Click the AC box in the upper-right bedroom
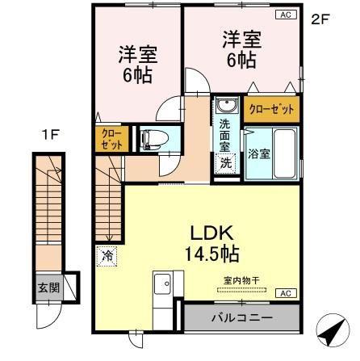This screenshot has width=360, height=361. coord(286,15)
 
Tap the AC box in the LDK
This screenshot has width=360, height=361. coord(286,293)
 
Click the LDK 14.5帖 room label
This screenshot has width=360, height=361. coord(212,243)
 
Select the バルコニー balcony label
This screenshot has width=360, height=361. coord(241,318)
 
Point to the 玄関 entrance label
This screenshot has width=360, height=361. coord(48,288)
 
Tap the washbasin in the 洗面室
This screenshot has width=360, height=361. coord(228,106)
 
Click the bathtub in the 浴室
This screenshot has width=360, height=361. coord(285,153)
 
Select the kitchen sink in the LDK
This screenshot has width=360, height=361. coord(162,285)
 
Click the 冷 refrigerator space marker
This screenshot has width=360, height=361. coord(107,256)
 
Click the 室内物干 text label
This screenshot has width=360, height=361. coord(241,281)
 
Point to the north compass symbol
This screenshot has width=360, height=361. coord(333,330)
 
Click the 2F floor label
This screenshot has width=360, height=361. coord(320,20)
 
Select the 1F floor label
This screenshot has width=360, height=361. coord(50,135)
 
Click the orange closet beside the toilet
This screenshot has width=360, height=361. coord(111,139)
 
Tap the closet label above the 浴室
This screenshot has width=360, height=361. coord(271,109)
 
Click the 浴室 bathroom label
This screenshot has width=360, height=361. coord(258,153)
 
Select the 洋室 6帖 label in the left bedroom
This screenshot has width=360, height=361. coord(138,65)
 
